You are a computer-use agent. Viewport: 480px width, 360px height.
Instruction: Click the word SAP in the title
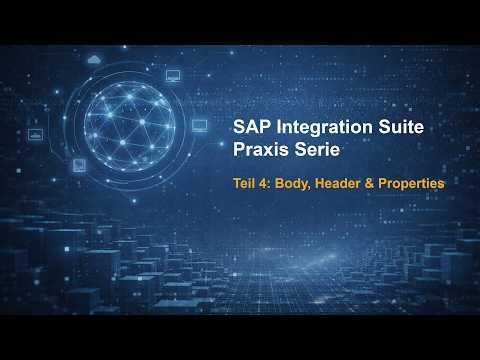(251, 127)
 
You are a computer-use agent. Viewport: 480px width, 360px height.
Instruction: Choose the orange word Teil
(246, 184)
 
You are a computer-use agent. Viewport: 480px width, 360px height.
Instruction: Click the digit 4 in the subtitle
(268, 184)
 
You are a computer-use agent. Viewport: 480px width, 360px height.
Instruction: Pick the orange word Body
(296, 184)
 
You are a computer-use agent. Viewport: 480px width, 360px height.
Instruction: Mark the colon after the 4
(274, 185)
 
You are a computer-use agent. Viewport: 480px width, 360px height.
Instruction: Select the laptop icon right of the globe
(198, 125)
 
